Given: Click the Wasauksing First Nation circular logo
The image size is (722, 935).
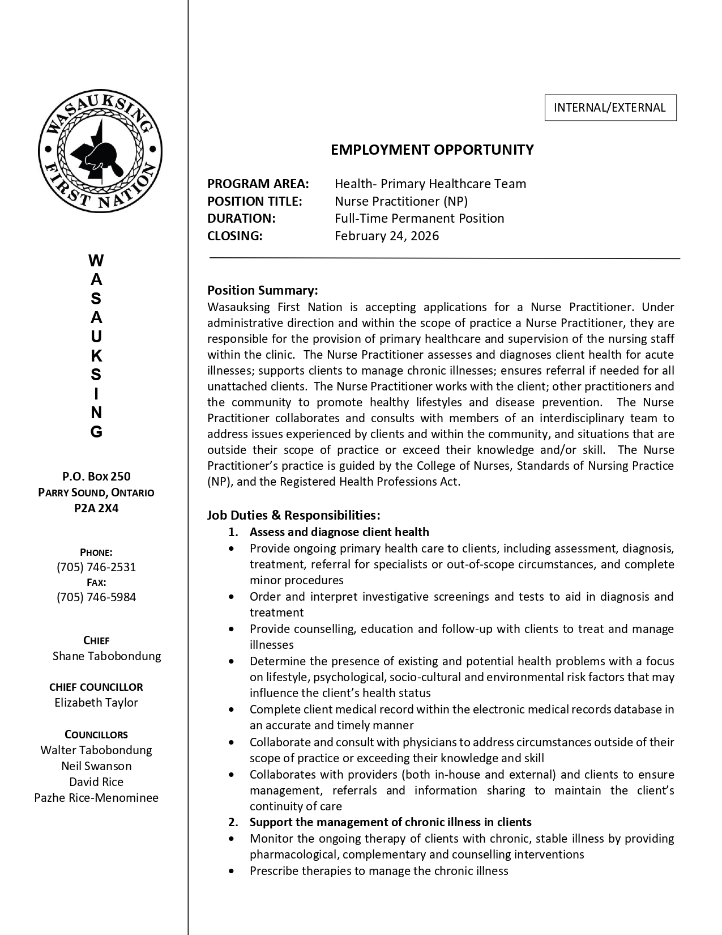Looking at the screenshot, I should [x=100, y=152].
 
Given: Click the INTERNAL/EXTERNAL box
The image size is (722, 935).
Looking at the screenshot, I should [x=610, y=108].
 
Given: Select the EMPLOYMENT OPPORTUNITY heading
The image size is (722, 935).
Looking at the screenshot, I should [x=432, y=150].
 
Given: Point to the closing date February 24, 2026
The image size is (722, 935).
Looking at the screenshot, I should [x=386, y=236].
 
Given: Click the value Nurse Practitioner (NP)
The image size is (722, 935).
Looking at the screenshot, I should [x=401, y=201].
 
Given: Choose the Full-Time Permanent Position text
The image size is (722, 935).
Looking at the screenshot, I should [x=419, y=218].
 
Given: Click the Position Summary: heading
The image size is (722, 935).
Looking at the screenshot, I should [x=262, y=290].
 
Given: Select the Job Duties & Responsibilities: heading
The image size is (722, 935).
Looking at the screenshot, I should [x=293, y=515].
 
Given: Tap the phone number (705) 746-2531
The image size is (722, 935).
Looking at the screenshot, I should [x=96, y=567].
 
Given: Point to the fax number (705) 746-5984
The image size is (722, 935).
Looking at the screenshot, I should [x=96, y=597].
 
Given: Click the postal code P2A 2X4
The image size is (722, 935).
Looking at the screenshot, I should [x=96, y=508].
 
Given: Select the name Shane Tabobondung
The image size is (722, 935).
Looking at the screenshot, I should [x=106, y=656].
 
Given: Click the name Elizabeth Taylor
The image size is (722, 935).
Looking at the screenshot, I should [x=96, y=702].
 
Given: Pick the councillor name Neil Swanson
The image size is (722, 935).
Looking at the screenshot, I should [x=96, y=766].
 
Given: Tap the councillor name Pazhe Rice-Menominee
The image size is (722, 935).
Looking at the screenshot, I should [x=96, y=797].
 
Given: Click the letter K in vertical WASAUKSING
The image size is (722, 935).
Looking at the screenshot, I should [x=96, y=356].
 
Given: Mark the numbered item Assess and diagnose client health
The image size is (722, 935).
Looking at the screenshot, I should [x=339, y=532].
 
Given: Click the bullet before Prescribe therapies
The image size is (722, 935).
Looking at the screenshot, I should [x=231, y=871].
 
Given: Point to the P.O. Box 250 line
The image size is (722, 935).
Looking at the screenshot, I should [x=96, y=476].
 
